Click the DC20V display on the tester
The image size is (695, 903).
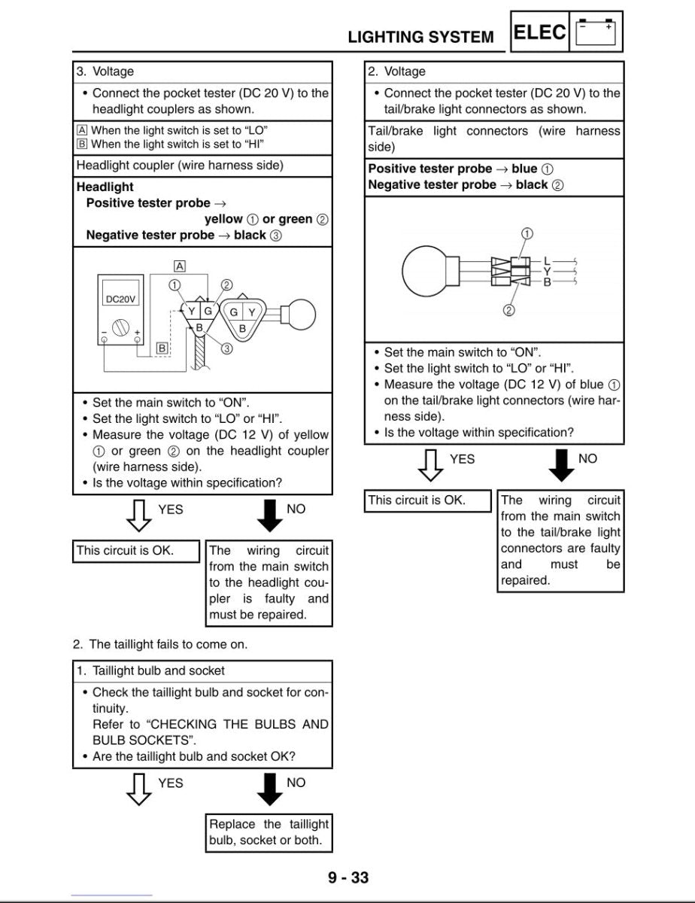click(120, 299)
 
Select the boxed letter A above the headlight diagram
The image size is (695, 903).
click(180, 266)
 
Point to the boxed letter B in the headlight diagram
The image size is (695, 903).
click(162, 348)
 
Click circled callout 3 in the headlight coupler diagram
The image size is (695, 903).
click(226, 348)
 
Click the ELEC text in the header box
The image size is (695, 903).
click(539, 32)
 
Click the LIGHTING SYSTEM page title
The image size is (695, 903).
click(420, 37)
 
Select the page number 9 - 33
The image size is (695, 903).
click(347, 877)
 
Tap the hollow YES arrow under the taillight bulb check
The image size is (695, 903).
click(138, 789)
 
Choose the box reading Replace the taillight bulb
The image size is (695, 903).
click(269, 832)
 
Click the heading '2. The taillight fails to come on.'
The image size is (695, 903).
click(159, 644)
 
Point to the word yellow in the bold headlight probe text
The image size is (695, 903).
click(223, 219)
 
